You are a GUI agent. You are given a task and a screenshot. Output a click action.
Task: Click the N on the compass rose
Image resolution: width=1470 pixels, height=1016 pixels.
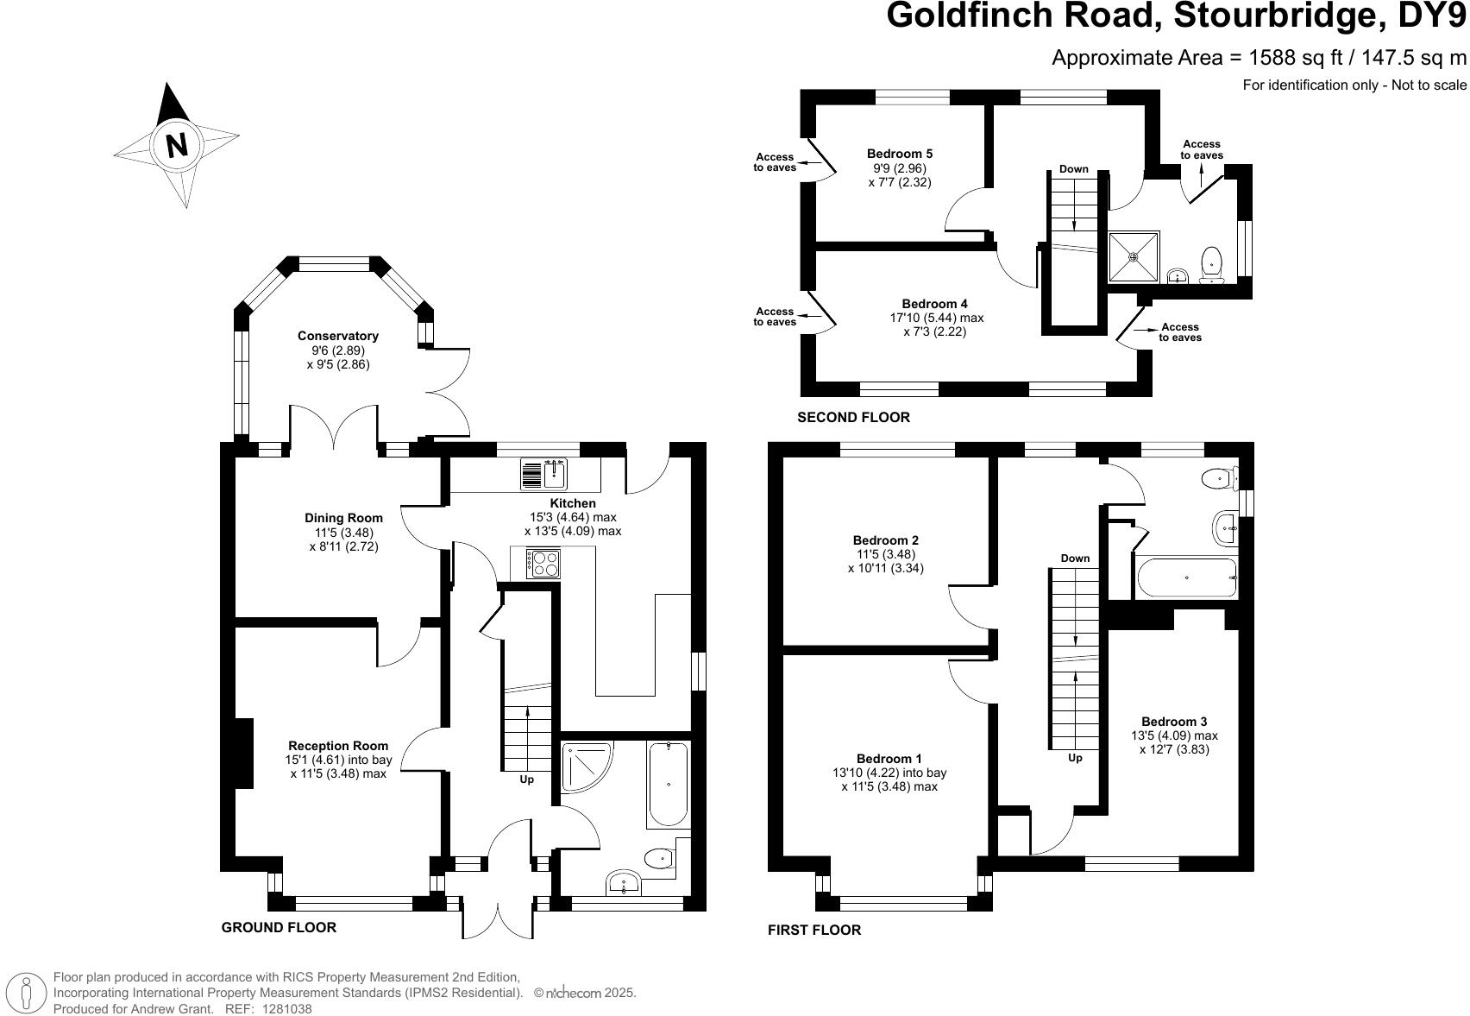pos(177,144)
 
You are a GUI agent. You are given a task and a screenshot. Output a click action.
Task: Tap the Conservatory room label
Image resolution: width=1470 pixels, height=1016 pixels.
pos(338,336)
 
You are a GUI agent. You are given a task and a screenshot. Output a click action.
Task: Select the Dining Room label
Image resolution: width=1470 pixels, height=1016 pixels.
pos(343,518)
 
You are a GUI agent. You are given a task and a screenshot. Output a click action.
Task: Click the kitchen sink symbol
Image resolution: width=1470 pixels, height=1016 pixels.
pos(543,474)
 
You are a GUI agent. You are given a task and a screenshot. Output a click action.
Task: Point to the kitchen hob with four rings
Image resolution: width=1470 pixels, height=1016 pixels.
pos(543,564)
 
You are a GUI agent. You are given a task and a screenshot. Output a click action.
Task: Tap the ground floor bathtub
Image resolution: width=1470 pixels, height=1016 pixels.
pos(668,785)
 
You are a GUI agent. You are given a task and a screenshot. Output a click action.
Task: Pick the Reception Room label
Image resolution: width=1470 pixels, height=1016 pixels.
pos(338,746)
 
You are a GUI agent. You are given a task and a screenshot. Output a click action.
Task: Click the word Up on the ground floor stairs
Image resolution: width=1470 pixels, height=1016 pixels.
pos(526,779)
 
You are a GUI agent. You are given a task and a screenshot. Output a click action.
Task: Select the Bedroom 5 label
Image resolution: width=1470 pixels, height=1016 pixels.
pos(900,154)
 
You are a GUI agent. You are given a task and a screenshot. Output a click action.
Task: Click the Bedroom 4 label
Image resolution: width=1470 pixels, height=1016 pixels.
pos(934,304)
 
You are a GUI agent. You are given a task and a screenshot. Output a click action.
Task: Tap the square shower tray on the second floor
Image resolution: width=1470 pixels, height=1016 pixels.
pos(1134,256)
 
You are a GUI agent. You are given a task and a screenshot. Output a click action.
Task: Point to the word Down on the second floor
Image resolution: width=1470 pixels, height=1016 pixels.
pos(1074,169)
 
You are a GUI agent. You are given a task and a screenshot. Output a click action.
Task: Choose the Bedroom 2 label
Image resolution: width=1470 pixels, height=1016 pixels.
pos(886,540)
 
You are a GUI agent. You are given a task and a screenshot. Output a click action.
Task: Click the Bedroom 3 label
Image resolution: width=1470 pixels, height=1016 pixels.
pos(1174,722)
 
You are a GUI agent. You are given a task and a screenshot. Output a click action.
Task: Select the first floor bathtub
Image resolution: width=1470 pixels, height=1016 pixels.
pos(1187,577)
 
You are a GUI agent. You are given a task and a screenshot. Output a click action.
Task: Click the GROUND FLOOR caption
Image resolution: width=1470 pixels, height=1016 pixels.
pos(279,927)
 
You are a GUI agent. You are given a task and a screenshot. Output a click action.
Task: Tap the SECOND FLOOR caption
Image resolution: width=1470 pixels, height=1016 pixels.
pos(853,418)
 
